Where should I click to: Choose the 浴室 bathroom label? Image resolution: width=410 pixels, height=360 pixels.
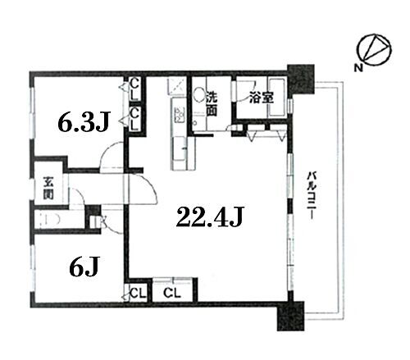point(262,97)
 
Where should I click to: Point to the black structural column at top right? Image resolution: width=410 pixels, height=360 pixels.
point(301,79)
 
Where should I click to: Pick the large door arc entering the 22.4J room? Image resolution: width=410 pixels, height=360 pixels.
point(141,190)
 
